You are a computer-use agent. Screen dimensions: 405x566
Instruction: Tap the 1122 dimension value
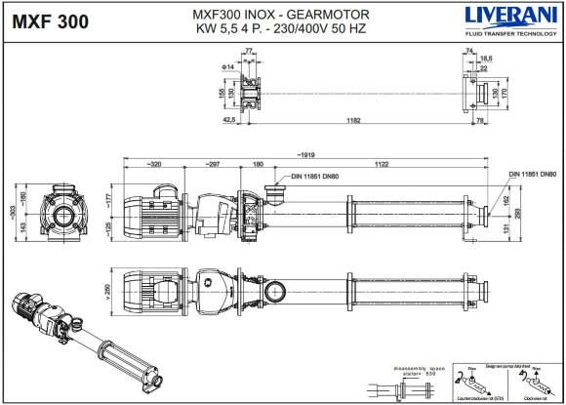[x=382, y=165]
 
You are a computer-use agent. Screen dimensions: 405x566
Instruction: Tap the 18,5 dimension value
[x=485, y=59]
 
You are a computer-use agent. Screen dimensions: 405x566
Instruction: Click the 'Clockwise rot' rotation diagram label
[x=532, y=398]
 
